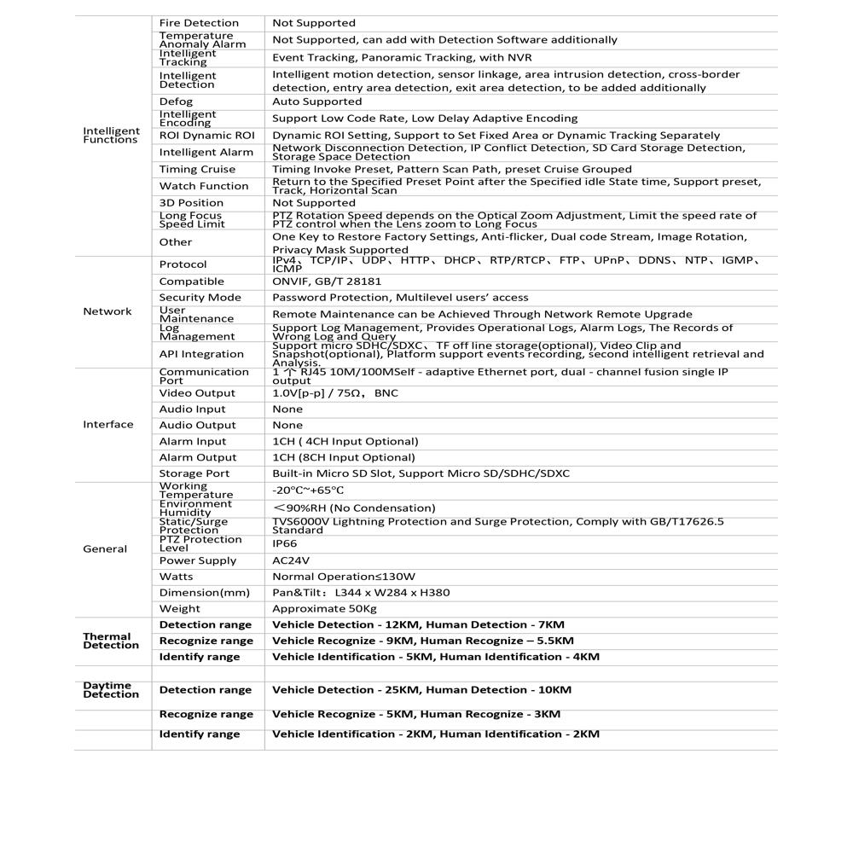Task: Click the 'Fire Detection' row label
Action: tap(199, 23)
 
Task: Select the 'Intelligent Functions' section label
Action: tap(111, 136)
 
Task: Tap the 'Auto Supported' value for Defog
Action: tap(316, 102)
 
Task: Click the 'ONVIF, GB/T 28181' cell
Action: tap(327, 281)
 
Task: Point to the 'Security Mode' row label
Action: tap(200, 298)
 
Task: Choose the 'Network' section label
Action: tap(107, 311)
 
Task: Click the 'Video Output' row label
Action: tap(197, 393)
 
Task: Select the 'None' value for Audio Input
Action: tap(287, 409)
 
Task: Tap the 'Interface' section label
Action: tap(108, 425)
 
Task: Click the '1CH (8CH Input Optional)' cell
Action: tap(344, 457)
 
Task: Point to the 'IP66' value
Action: tap(285, 543)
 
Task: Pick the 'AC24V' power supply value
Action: tap(291, 560)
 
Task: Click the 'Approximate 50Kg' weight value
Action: tap(324, 608)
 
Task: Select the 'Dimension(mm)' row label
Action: tap(205, 593)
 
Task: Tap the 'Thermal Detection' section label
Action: tap(111, 641)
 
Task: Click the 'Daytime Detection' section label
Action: tap(111, 690)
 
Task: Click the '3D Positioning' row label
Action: tap(191, 203)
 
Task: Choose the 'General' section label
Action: tap(105, 549)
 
